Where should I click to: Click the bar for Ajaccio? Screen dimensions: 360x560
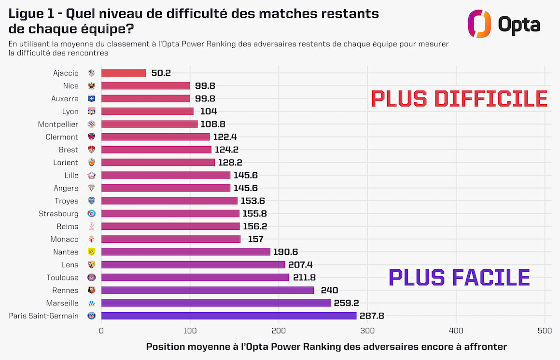coord(124,73)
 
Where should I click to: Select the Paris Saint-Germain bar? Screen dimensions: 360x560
coord(229,316)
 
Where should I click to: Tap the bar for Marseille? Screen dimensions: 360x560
coord(216,303)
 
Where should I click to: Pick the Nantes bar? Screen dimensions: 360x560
coord(186,252)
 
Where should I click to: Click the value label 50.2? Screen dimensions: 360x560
coord(161,73)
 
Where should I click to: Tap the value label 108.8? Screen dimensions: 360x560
coord(213,125)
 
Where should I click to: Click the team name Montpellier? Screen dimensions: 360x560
coord(58,125)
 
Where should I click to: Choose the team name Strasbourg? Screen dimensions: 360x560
coord(58,214)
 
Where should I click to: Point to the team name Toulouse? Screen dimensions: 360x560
coord(62,277)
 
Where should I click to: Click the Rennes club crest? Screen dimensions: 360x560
coord(91,290)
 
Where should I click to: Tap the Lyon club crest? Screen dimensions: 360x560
coord(91,111)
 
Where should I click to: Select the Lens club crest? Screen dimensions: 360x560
coord(91,264)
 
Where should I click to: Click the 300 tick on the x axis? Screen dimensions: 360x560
coord(367,331)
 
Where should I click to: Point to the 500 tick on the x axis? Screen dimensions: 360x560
coord(545,331)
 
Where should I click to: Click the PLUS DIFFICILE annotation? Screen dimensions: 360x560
coord(459,99)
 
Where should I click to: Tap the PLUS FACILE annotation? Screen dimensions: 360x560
coord(459,277)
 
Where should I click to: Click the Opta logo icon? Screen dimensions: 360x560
coord(479,24)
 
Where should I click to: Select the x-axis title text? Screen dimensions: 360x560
coord(326,347)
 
